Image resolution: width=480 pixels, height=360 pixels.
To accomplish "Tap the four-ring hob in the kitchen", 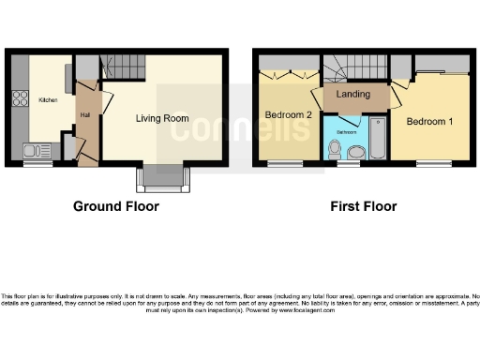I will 18,97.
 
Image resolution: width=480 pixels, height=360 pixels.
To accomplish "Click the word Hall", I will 84,114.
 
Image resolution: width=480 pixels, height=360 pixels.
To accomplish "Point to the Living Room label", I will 162,119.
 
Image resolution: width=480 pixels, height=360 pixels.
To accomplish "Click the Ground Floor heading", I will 115,206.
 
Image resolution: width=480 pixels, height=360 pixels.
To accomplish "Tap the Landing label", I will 352,95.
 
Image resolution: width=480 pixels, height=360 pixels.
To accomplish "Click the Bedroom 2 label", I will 288,115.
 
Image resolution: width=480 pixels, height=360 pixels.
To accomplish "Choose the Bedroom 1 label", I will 428,121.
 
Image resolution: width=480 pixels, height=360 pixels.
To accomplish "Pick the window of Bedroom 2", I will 280,164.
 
